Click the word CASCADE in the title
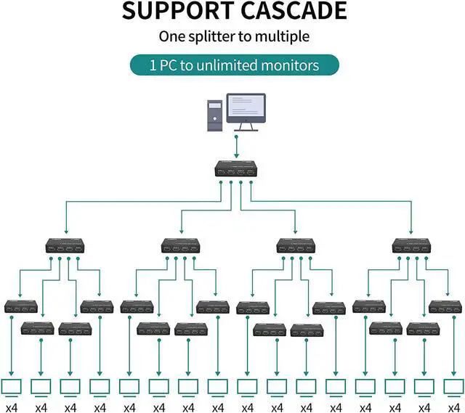pyautogui.click(x=294, y=11)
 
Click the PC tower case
pyautogui.click(x=215, y=115)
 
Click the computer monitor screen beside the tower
pyautogui.click(x=246, y=108)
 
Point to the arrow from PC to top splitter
pyautogui.click(x=236, y=147)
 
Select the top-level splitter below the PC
pyautogui.click(x=236, y=169)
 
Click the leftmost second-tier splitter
pyautogui.click(x=65, y=245)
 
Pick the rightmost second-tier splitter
pyautogui.click(x=411, y=245)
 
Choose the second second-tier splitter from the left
pyautogui.click(x=181, y=245)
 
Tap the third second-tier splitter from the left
pyautogui.click(x=296, y=245)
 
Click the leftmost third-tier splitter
pyautogui.click(x=21, y=306)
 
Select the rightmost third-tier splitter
pyautogui.click(x=445, y=307)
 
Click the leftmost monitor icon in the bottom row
pyautogui.click(x=12, y=388)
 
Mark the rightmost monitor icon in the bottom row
pyautogui.click(x=453, y=388)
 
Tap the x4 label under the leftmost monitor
pyautogui.click(x=12, y=408)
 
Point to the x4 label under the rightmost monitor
pyautogui.click(x=453, y=408)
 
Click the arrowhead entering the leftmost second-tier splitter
pyautogui.click(x=66, y=231)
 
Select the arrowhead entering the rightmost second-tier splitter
pyautogui.click(x=411, y=231)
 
